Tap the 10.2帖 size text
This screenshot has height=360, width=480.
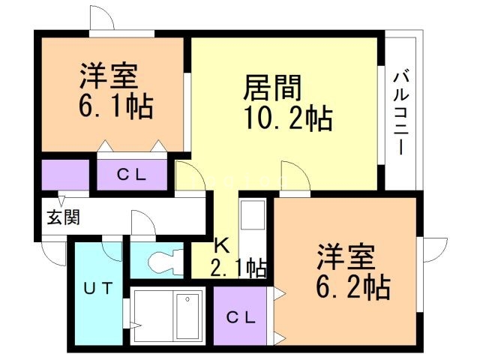tap(286, 118)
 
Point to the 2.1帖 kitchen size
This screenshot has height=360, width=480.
tap(237, 267)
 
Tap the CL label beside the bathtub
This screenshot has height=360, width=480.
tap(241, 316)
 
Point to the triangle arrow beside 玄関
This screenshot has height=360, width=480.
tap(64, 201)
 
